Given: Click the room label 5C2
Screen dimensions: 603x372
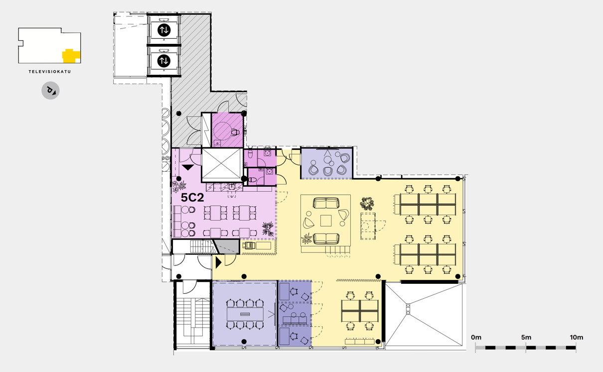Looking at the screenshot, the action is pos(192,198).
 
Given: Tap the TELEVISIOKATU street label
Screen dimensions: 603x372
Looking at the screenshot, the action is pos(50,72).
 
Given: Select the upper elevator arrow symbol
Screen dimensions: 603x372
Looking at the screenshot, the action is pos(164,30).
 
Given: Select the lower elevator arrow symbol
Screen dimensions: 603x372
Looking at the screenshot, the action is pos(164,61).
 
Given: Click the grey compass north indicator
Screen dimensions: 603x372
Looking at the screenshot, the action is pos(50,91).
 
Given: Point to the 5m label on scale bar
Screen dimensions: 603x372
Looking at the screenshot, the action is pos(526,337).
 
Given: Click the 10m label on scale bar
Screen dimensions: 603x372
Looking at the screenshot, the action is pos(577,337).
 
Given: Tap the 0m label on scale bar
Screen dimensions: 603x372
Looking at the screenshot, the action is pos(476,337).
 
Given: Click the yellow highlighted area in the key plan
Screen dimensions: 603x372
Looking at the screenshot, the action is pos(71,56).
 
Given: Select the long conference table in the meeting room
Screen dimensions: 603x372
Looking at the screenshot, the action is pos(245,314).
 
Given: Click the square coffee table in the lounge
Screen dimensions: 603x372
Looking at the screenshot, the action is pos(326,221).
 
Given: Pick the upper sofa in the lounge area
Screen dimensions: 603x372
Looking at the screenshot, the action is pos(326,203).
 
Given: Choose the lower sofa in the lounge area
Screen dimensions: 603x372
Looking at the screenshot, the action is pos(326,239).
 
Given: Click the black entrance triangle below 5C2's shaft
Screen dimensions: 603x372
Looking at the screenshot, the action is pos(188,167).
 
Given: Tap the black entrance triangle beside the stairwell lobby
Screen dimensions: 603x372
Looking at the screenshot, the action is pos(218,262).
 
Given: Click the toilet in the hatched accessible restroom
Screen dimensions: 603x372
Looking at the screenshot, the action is pos(235,132).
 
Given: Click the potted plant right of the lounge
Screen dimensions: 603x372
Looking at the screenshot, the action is pos(367,204).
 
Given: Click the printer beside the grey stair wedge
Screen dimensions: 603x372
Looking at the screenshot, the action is pos(249,246).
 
